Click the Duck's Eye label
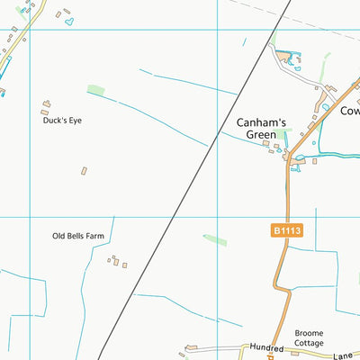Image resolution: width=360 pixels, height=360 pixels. (62, 120)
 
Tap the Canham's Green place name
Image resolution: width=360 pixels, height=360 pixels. (261, 129)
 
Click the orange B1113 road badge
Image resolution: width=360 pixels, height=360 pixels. (286, 231)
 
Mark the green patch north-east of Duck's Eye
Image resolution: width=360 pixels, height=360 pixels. (95, 90)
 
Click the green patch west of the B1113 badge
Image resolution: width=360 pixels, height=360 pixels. (215, 239)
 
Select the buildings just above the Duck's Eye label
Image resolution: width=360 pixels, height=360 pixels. (47, 105)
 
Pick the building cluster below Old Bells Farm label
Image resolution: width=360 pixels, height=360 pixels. (117, 262)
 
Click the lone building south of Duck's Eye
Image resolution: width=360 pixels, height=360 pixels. (84, 170)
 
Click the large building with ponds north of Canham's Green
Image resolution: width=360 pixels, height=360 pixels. (288, 58)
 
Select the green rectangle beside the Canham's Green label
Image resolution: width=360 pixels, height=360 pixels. (283, 135)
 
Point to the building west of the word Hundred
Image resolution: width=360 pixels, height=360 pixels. (191, 348)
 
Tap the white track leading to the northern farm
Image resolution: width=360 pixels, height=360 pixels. (310, 79)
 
